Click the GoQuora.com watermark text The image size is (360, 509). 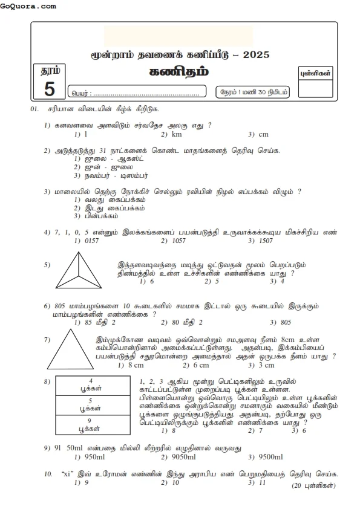28,6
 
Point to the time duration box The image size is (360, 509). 253,92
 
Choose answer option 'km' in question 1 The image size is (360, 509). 176,134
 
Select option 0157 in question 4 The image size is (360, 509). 90,241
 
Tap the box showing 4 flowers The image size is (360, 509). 90,384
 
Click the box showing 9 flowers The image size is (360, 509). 90,424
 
